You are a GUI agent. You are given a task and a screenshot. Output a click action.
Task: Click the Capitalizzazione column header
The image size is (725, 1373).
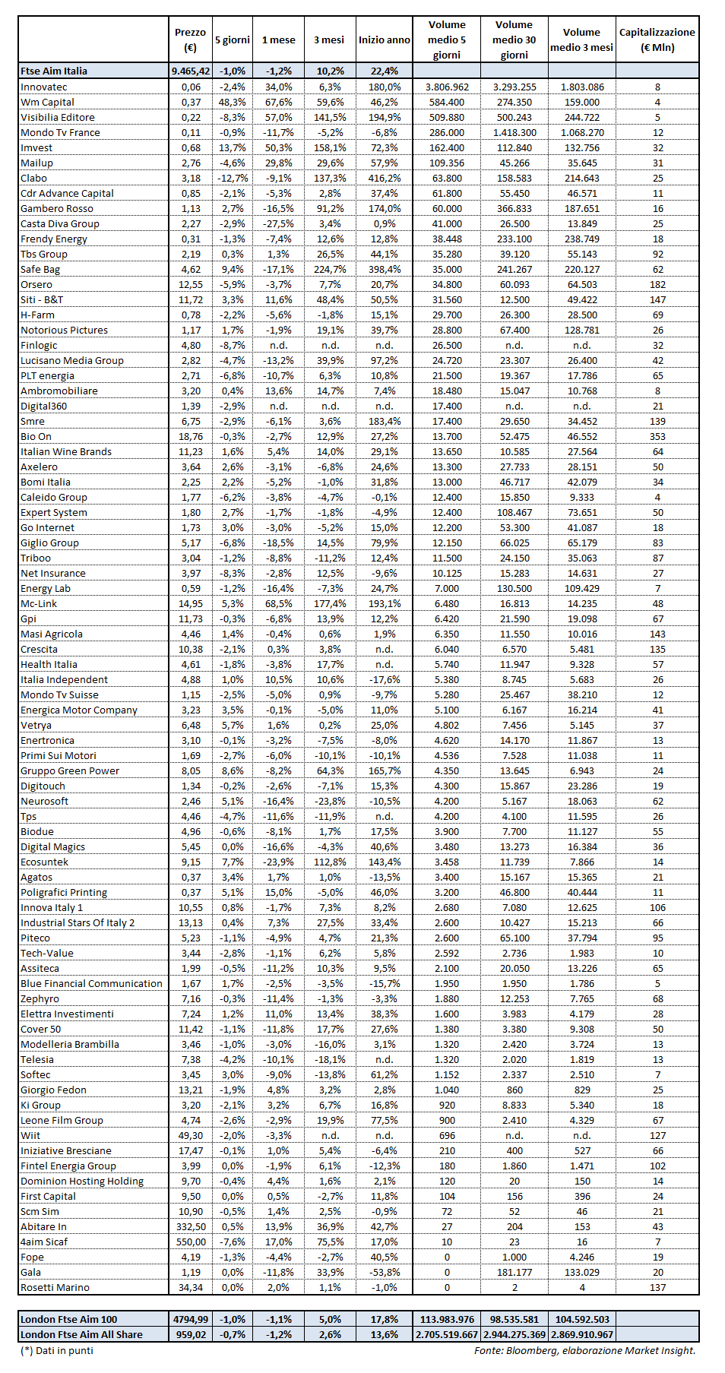(657, 40)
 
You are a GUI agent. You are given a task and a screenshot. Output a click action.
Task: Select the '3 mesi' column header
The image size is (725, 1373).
(329, 40)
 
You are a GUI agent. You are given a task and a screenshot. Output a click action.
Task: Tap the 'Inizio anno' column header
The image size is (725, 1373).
(384, 40)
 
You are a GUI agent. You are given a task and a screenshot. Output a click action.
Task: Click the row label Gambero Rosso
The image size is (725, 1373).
(57, 208)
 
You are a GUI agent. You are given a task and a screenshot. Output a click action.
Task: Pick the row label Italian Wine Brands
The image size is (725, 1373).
(66, 451)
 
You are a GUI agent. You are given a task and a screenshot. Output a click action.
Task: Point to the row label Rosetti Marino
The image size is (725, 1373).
(55, 1287)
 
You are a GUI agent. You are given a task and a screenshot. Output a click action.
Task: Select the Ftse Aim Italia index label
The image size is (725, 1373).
(54, 71)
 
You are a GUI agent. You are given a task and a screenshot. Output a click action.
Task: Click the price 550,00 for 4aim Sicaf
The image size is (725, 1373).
(191, 1242)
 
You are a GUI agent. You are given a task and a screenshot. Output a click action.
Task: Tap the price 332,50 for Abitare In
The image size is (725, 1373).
(191, 1226)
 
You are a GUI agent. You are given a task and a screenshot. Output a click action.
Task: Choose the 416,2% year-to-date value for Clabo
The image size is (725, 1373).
(385, 178)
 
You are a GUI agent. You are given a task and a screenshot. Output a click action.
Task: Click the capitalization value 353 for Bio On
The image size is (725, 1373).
(657, 436)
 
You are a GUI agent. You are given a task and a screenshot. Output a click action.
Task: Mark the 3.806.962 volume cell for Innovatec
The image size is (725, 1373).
(447, 87)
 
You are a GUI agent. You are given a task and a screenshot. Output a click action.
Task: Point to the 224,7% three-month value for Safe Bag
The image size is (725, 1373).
(330, 269)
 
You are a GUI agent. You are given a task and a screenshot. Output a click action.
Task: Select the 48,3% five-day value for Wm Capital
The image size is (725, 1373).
(233, 102)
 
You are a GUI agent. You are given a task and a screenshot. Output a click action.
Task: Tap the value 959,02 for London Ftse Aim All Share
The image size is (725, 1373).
(191, 1334)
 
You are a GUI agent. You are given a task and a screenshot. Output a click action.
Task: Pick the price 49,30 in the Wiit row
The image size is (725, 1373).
(191, 1135)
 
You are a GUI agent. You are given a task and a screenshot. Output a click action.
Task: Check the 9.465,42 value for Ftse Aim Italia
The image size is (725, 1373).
(191, 71)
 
